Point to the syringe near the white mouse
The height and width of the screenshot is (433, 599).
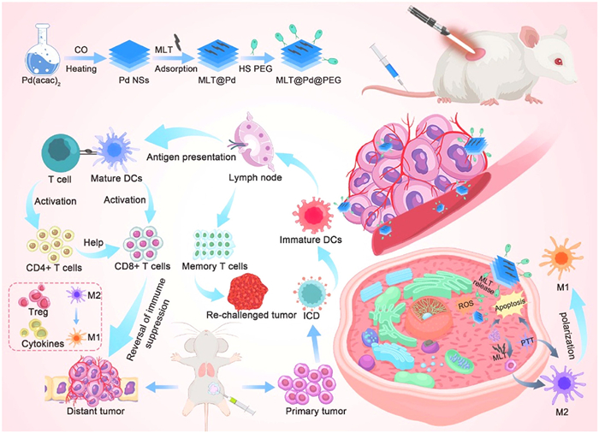coord(384,63)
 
